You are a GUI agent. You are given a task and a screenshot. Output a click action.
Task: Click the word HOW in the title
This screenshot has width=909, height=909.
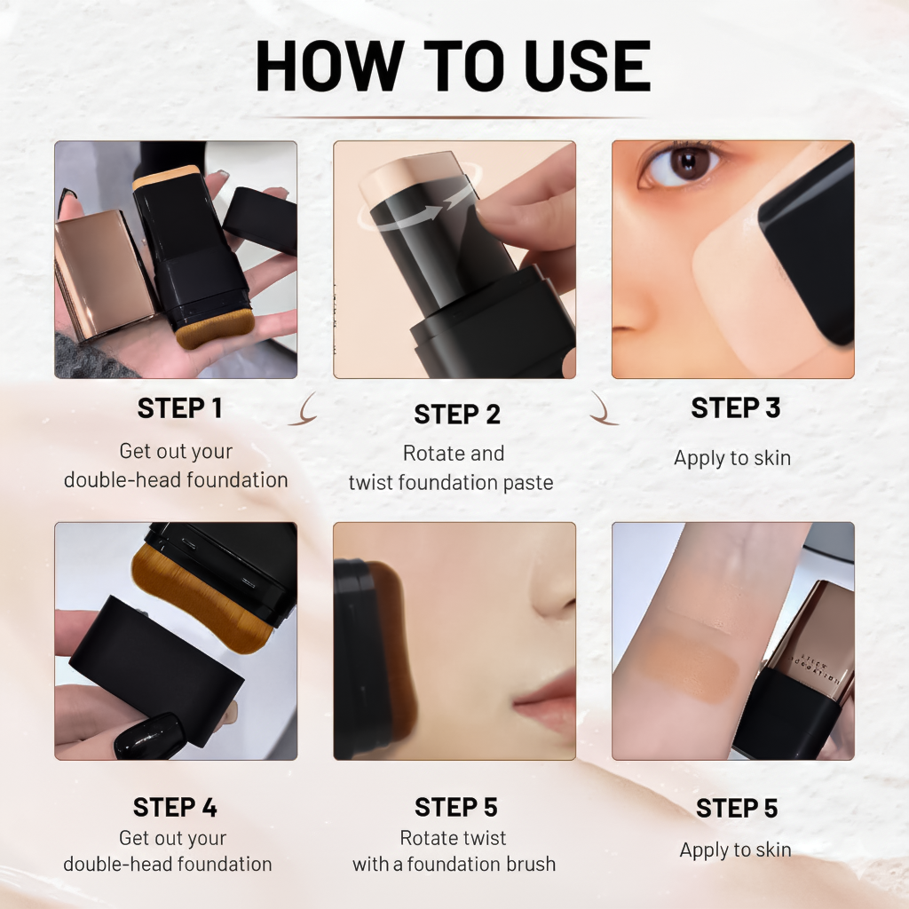click(x=328, y=66)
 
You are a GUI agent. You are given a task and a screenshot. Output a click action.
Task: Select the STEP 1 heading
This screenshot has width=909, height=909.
click(x=179, y=408)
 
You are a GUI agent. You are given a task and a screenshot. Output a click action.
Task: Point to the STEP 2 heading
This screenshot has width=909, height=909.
click(x=457, y=415)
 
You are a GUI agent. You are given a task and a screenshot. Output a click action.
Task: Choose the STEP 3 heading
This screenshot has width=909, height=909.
click(x=735, y=408)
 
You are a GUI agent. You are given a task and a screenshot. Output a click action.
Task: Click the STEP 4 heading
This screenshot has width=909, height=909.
click(x=175, y=807)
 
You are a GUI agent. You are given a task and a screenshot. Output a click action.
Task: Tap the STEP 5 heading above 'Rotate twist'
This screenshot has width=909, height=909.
click(x=455, y=807)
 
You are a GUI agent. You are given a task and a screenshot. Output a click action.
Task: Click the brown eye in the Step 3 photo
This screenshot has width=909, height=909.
click(x=683, y=165)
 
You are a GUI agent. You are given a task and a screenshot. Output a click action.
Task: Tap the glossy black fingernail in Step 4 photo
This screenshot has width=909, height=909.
click(x=149, y=735)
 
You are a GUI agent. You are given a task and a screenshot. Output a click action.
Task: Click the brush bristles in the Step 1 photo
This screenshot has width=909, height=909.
click(x=203, y=334)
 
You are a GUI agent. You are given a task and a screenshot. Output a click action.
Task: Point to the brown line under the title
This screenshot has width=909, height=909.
click(x=453, y=117)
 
